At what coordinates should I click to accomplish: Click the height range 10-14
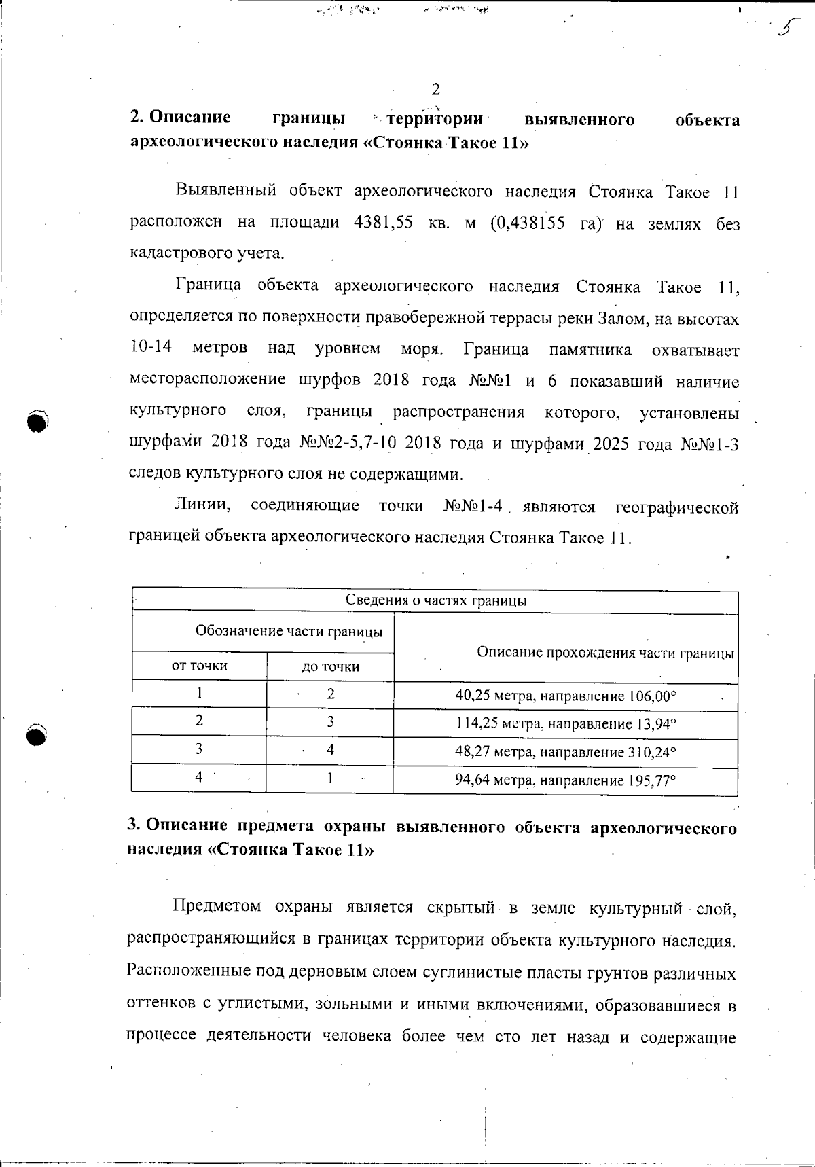150,348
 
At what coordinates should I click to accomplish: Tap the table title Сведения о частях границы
436,600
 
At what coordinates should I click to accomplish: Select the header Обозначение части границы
289,631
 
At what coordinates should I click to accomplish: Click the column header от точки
199,666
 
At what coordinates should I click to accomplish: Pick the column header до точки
331,666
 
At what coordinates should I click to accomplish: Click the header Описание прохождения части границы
604,653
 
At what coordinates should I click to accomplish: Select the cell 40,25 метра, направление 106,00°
566,696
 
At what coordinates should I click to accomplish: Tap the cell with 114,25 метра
566,724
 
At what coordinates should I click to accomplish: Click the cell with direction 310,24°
566,752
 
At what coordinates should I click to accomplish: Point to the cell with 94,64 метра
566,780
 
